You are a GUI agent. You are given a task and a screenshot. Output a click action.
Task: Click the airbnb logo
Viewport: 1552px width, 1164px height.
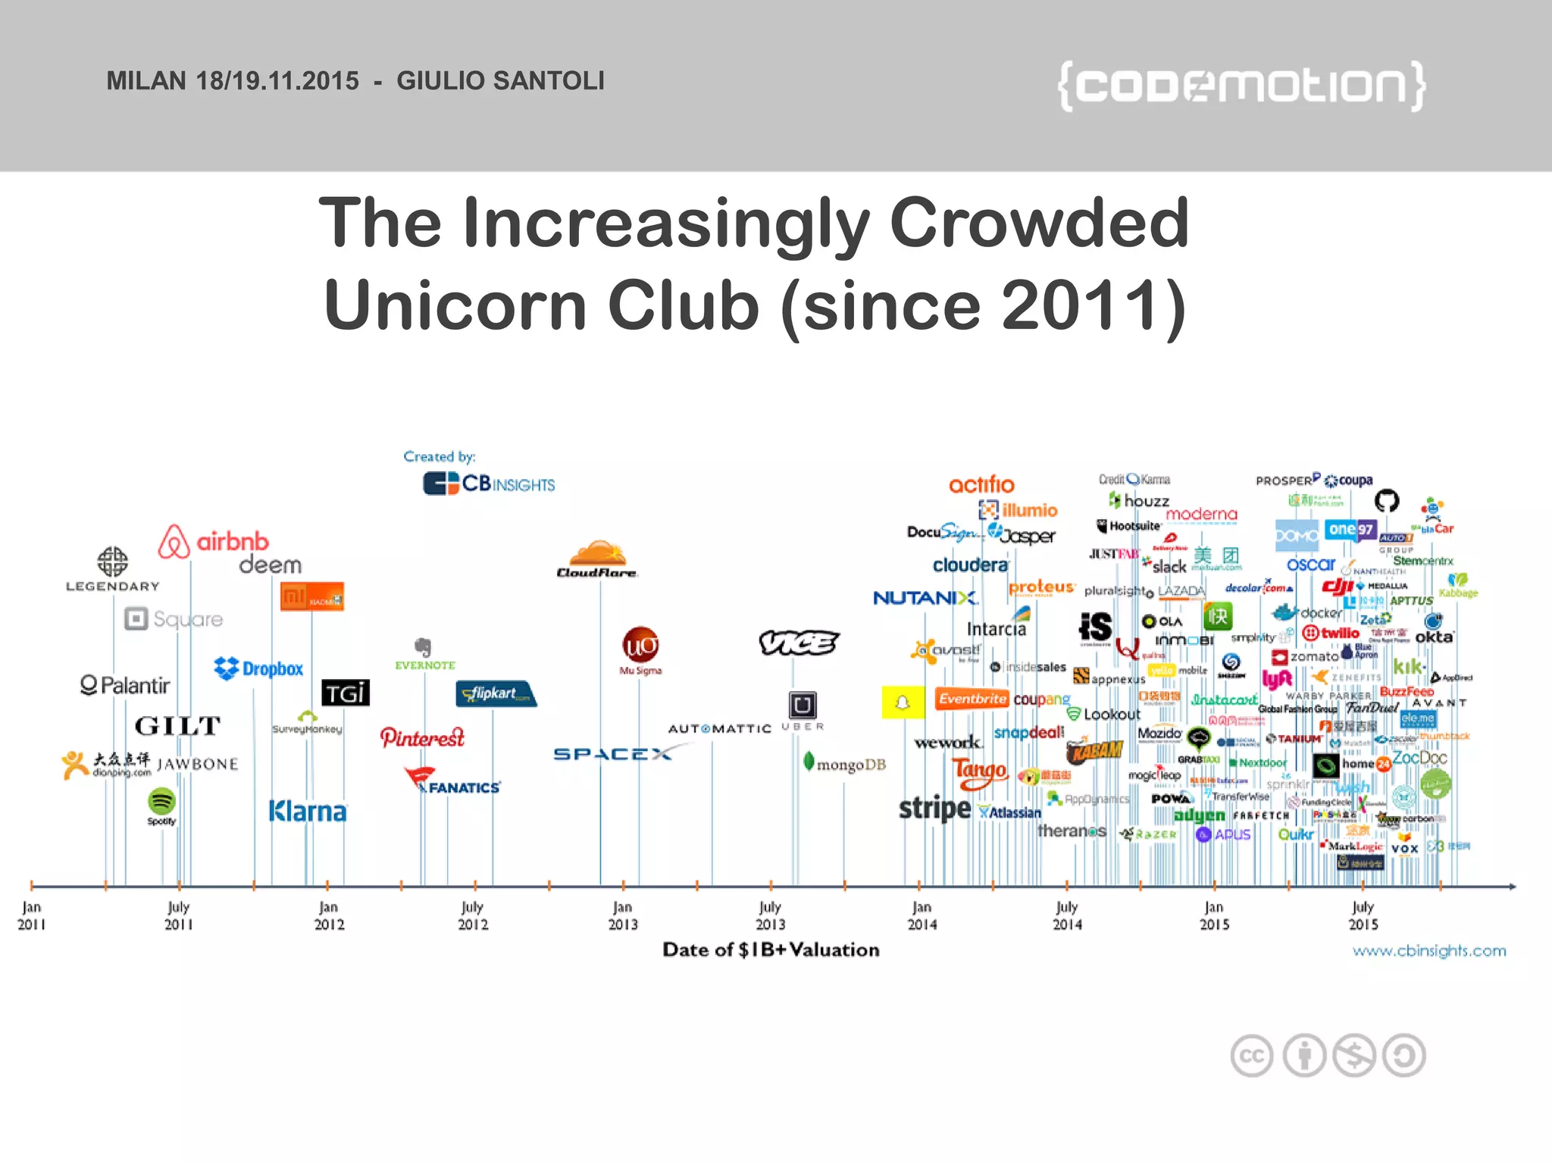pos(214,541)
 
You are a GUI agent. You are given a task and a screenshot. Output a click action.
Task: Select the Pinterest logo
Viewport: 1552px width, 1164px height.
pos(422,737)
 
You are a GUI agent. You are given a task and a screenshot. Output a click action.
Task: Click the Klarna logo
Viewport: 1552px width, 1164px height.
pos(308,812)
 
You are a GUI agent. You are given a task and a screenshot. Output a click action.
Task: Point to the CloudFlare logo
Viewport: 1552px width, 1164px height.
pos(597,560)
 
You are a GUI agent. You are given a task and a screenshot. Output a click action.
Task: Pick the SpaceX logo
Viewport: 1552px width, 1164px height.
pos(612,753)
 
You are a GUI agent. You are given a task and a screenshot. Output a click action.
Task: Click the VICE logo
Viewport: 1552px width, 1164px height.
pos(799,643)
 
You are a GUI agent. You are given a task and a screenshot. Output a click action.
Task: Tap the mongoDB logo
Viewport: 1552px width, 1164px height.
pos(844,764)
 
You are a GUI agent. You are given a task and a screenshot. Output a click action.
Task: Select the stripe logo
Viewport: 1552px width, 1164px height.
pos(934,809)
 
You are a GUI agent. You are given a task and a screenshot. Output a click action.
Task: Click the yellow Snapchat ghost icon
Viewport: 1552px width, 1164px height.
pos(903,702)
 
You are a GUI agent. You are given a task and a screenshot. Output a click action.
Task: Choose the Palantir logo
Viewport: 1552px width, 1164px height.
pos(125,685)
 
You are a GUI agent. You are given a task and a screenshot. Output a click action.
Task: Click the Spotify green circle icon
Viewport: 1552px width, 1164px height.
pos(161,800)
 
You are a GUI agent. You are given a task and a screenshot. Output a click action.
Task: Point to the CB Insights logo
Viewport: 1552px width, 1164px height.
pos(489,483)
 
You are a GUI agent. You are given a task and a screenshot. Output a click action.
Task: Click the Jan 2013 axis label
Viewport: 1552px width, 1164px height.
pos(623,915)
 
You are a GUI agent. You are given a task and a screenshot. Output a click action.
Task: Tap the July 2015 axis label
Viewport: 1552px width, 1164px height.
pos(1363,915)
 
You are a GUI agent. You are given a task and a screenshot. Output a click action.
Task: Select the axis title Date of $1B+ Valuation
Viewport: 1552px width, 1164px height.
pos(771,950)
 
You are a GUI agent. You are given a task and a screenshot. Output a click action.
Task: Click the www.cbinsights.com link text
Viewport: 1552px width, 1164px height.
pos(1429,950)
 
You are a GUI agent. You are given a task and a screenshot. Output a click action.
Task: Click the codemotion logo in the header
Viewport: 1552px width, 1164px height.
pos(1241,86)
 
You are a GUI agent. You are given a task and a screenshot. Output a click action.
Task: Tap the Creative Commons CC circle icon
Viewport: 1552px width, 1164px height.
pos(1252,1056)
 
